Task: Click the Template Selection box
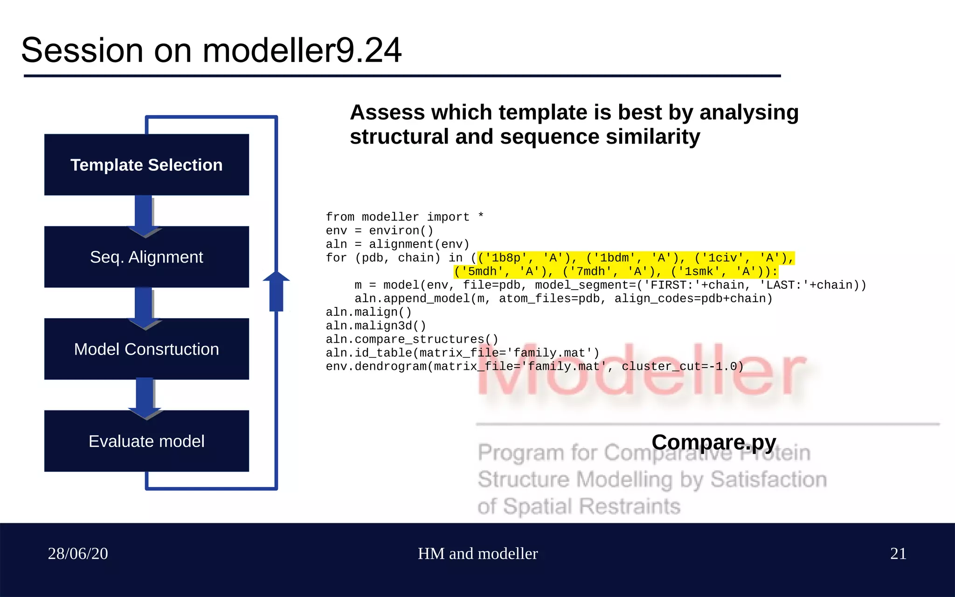tap(146, 165)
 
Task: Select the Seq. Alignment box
tap(146, 257)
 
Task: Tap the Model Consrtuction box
tap(146, 349)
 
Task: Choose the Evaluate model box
tap(146, 441)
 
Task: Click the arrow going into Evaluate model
tap(145, 397)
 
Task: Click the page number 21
tap(898, 554)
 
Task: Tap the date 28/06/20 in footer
tap(78, 554)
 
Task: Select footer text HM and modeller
tap(477, 554)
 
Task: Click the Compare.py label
tap(713, 442)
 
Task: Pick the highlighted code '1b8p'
tap(506, 258)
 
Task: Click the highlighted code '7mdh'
tap(590, 271)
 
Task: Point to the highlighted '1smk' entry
tap(699, 271)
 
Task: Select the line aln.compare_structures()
tap(412, 339)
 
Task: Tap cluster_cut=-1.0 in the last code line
tap(682, 366)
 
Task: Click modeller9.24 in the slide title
tap(302, 50)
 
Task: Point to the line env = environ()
tap(379, 230)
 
